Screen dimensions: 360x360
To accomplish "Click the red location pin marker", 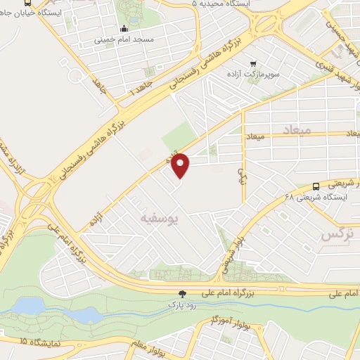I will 181,165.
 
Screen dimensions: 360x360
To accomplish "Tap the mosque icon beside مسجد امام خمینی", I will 124,29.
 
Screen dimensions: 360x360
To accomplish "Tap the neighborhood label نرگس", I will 335,235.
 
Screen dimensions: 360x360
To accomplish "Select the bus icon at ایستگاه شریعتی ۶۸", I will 316,186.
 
